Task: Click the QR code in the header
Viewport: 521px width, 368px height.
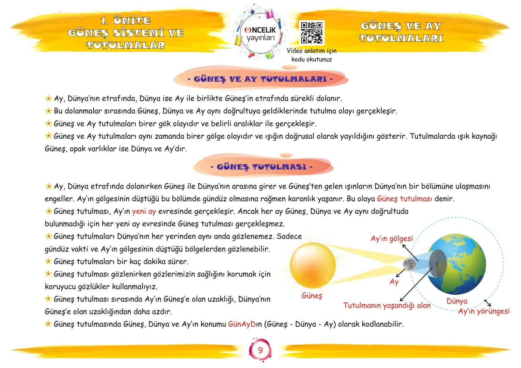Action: click(312, 33)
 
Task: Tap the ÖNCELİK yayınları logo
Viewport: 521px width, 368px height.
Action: click(260, 33)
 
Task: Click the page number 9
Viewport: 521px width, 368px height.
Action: click(260, 350)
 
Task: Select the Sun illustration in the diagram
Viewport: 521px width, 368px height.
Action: click(313, 265)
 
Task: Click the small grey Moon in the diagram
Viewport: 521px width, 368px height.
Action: click(409, 264)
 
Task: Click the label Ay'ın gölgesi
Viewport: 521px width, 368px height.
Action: click(391, 239)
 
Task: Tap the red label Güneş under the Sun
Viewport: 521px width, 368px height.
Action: click(312, 296)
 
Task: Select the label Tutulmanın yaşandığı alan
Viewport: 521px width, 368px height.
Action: click(387, 306)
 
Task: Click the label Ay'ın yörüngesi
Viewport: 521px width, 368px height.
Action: click(484, 311)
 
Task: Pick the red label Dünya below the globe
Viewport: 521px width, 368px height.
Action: click(457, 301)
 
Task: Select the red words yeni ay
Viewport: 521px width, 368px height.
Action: click(144, 211)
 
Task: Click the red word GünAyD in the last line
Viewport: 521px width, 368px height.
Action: click(242, 324)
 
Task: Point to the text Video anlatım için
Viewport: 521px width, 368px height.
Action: click(311, 51)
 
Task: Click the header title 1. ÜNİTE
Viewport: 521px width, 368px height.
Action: click(125, 21)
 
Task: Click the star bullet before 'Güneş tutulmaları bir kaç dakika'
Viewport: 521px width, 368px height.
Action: click(48, 262)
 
